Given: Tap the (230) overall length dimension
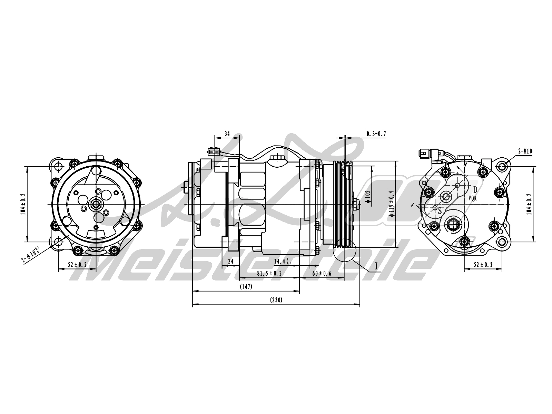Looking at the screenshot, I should [276, 300].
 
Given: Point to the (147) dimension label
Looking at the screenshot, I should [246, 287].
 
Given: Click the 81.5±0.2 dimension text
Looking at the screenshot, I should [269, 273].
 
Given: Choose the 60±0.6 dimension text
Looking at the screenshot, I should [322, 273].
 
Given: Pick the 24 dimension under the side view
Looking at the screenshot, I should [231, 261].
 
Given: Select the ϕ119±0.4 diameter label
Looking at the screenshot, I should [391, 204].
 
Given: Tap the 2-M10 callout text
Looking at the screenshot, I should [525, 151].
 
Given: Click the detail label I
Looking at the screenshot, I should [376, 266].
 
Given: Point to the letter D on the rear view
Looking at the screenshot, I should [475, 189].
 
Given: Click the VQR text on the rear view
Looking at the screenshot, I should [472, 198].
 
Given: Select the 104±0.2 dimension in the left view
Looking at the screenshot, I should [23, 204].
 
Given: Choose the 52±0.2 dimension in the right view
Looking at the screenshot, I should [483, 265].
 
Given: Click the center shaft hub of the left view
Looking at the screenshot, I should [95, 204].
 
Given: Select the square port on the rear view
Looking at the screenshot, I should [453, 226].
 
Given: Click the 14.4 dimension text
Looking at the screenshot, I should [281, 261].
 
